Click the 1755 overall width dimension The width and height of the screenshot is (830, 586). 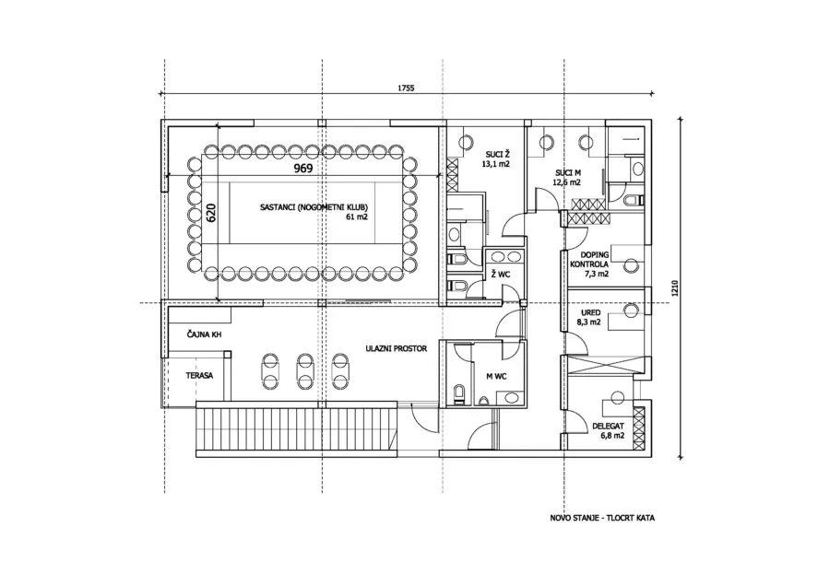click(406, 88)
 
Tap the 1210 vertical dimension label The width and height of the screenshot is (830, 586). click(674, 288)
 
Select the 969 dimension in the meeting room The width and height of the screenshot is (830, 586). click(303, 169)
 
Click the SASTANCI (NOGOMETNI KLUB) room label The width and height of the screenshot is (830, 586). click(314, 207)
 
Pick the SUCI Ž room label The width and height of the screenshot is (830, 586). click(498, 155)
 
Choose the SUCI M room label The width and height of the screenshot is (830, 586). click(567, 173)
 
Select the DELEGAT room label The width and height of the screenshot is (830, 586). click(609, 426)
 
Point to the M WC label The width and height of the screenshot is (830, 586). click(496, 376)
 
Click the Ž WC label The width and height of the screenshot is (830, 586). click(500, 274)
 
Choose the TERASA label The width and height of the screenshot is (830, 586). click(199, 376)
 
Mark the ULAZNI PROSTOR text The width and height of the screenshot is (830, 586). click(396, 348)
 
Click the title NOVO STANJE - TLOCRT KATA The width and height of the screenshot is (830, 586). click(602, 518)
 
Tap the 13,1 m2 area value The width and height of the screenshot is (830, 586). click(495, 164)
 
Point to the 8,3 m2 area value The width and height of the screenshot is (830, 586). click(588, 322)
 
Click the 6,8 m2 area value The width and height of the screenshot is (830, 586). click(612, 436)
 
